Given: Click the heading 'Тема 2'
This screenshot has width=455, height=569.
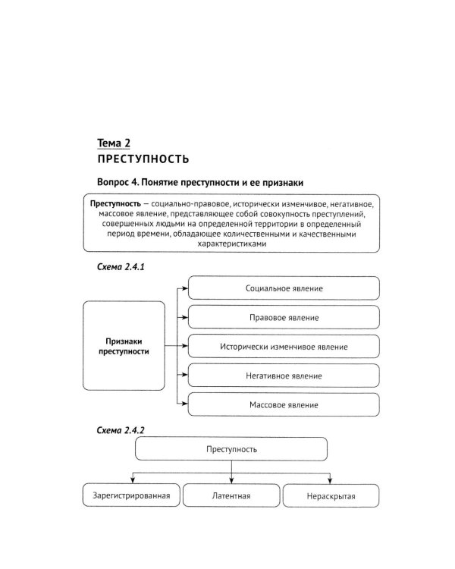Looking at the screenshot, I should point(119,143).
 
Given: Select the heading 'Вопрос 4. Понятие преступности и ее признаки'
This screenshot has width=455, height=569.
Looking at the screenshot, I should point(206,184).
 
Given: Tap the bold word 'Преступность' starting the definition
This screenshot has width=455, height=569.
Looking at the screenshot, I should point(116,205).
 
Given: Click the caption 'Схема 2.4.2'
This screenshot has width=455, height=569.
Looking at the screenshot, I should point(121,430).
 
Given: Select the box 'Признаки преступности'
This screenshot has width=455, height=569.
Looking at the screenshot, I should point(124,347).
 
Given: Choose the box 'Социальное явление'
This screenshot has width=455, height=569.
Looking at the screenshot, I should point(284,289).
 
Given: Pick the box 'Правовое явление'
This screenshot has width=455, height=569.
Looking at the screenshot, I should point(284,318).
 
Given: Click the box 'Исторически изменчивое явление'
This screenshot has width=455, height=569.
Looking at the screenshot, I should point(284,347).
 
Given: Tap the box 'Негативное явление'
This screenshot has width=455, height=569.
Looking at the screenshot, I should point(284,376).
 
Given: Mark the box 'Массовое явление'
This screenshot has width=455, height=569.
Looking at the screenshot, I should point(284,404).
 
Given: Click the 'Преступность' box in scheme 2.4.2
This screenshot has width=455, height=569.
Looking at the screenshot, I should point(231,450).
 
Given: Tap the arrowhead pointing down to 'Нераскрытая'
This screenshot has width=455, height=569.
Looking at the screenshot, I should point(330,479).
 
